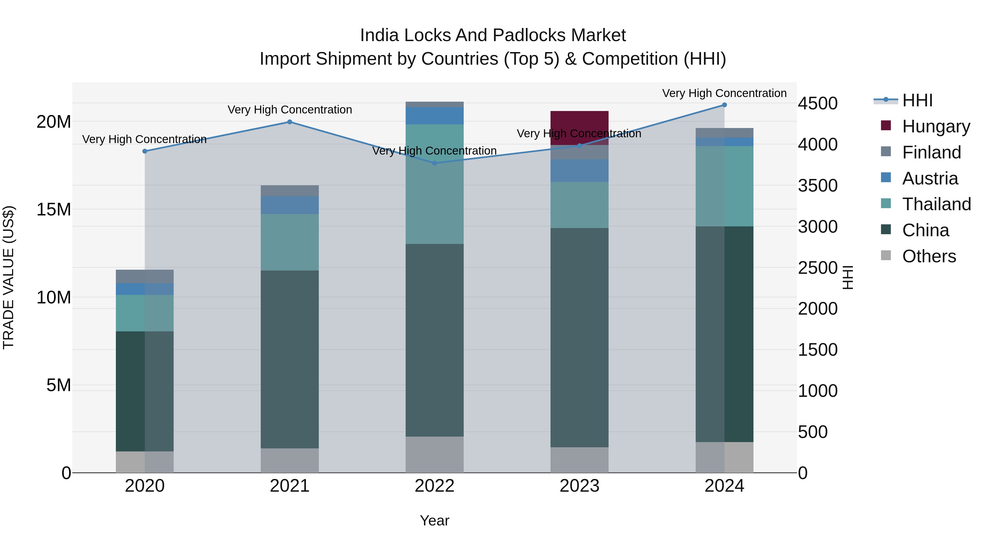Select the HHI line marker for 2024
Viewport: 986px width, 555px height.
[x=724, y=105]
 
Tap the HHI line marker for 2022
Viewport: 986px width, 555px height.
[x=434, y=163]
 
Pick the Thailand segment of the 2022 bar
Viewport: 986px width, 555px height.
[x=434, y=184]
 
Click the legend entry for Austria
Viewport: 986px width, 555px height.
[x=930, y=178]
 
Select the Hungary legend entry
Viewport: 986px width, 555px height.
[x=936, y=126]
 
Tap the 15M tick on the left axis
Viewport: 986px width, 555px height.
[x=54, y=209]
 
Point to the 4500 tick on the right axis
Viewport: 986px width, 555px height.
[x=818, y=103]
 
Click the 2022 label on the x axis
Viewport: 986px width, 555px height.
[x=434, y=486]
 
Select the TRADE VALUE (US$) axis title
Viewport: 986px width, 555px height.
[x=8, y=277]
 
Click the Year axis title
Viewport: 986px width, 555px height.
[x=434, y=520]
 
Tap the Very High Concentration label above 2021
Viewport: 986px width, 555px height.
[x=290, y=110]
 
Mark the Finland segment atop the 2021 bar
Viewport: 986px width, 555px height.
[x=290, y=191]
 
